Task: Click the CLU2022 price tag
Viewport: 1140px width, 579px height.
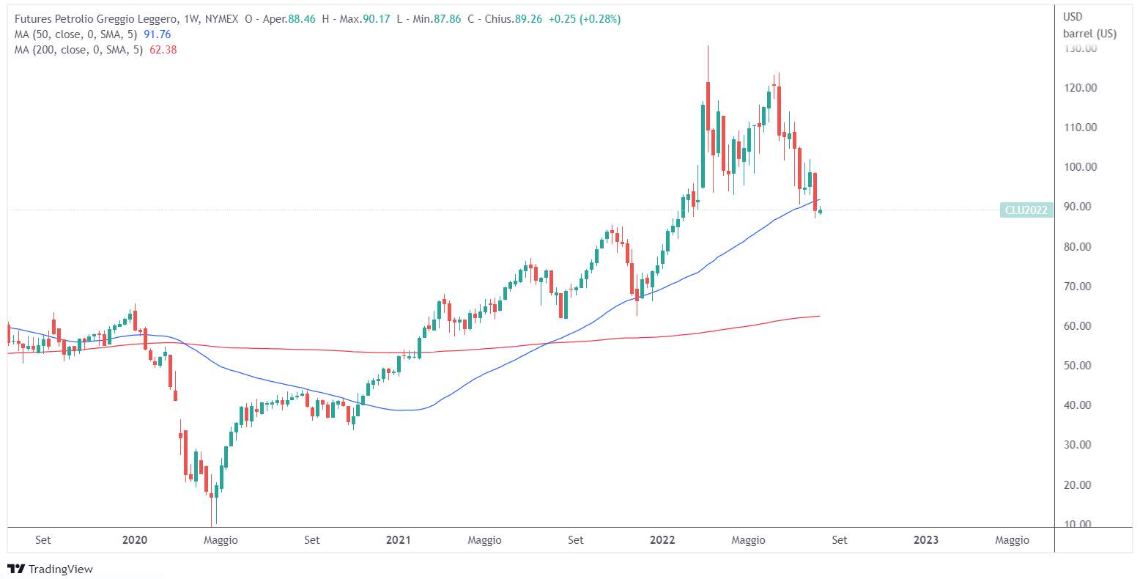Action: [x=1026, y=210]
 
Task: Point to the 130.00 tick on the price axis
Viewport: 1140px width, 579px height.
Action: [x=1080, y=48]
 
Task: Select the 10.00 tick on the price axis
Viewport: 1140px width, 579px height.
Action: [x=1080, y=524]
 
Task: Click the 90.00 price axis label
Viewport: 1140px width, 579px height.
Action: [x=1080, y=207]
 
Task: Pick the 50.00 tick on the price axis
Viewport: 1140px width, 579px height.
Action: [x=1080, y=365]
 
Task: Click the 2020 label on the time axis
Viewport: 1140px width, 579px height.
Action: [x=134, y=540]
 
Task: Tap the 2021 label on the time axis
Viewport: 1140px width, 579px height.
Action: [x=398, y=540]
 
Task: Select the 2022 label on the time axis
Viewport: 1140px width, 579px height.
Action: [x=662, y=540]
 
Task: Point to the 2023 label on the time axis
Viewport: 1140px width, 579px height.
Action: [x=926, y=540]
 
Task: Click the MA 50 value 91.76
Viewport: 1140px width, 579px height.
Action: [x=157, y=34]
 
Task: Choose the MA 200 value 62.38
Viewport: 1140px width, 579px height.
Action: [x=162, y=50]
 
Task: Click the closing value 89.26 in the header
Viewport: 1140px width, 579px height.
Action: [x=528, y=19]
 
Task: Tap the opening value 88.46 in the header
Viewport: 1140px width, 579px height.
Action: [x=302, y=19]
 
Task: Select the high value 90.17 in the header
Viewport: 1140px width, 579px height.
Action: [x=377, y=19]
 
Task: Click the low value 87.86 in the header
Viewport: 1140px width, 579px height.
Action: [x=447, y=19]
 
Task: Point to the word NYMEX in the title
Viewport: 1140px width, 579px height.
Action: [x=222, y=19]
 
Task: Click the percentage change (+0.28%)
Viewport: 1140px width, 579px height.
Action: [x=600, y=19]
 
